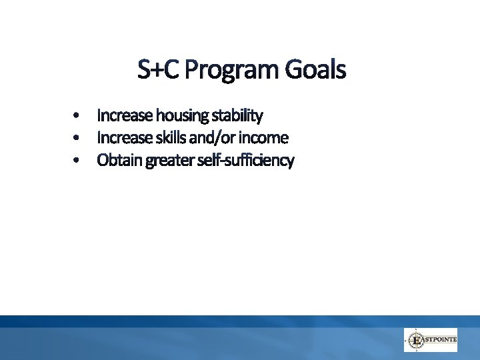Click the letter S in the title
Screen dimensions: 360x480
coord(145,69)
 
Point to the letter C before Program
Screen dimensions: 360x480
coord(171,69)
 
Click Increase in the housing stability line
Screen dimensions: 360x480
coord(125,116)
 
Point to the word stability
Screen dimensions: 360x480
coord(237,117)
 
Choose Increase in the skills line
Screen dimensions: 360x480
coord(125,139)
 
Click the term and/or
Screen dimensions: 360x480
coord(213,139)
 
